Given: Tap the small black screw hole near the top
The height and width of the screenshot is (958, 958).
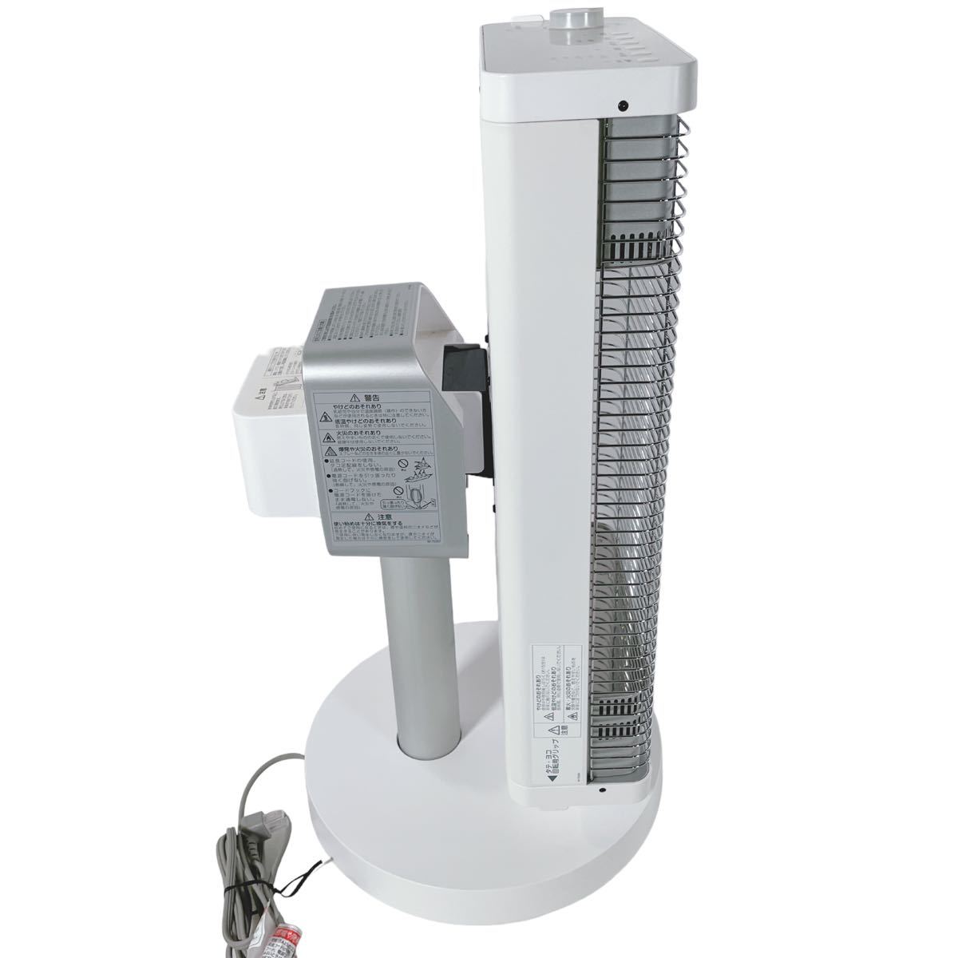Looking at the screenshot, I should click(x=620, y=105).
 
